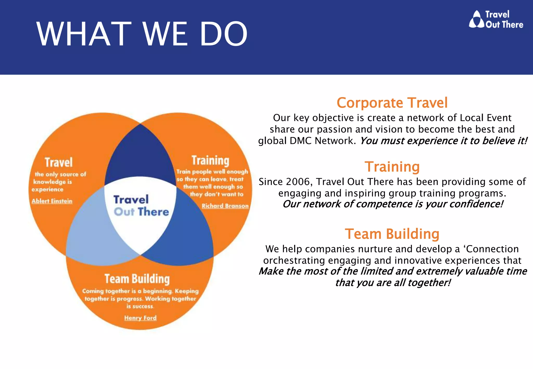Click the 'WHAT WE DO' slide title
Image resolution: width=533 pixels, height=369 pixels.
[142, 34]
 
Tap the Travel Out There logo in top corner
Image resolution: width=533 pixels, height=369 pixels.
[496, 19]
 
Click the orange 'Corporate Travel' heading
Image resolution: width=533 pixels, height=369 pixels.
[392, 103]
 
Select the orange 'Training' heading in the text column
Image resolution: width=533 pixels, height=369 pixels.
[392, 167]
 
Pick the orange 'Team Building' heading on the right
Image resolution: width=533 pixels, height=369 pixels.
[392, 234]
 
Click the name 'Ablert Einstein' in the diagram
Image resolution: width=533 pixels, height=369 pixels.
[52, 201]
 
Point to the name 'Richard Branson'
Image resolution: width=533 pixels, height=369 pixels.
[225, 206]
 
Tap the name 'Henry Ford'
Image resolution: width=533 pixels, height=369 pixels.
[140, 318]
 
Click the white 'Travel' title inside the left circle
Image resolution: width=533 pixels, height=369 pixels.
[59, 162]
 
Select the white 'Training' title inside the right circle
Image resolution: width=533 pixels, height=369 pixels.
[210, 160]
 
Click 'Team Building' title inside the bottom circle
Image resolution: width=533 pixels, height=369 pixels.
[137, 279]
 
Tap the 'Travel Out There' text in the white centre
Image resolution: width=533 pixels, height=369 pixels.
[141, 206]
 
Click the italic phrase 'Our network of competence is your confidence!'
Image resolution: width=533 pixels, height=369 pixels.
[392, 204]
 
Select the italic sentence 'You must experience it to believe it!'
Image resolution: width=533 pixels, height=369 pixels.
[443, 141]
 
